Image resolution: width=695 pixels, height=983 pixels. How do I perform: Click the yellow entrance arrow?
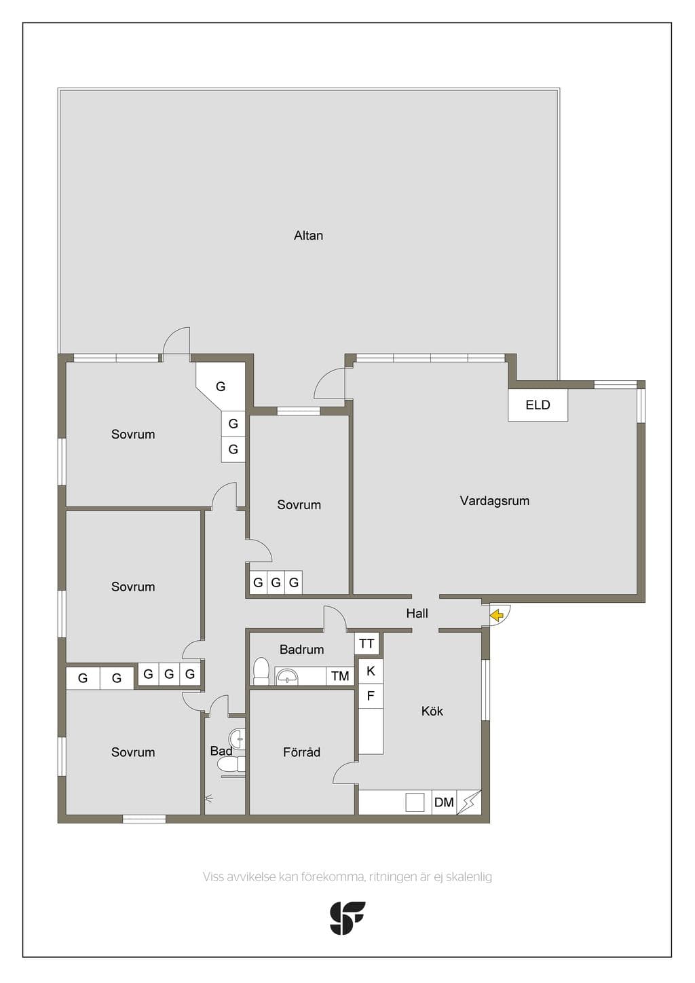tap(496, 616)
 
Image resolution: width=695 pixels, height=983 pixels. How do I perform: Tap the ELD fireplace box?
tap(538, 405)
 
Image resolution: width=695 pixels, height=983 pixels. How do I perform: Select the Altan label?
tap(308, 236)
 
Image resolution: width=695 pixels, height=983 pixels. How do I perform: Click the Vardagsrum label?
tap(495, 501)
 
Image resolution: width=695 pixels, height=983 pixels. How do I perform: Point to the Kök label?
tap(432, 711)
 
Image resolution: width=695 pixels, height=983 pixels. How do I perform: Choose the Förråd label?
tap(301, 752)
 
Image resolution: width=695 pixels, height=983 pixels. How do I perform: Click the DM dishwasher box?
tap(444, 802)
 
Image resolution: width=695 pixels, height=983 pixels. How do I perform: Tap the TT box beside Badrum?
tap(367, 644)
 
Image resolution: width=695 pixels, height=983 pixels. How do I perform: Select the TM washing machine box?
tap(340, 676)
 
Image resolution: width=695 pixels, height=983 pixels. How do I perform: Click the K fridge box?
tap(371, 671)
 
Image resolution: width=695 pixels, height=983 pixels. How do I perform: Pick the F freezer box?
tap(371, 696)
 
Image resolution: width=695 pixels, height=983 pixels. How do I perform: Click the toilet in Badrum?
tap(261, 671)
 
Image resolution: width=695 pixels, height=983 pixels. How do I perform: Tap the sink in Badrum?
tap(287, 676)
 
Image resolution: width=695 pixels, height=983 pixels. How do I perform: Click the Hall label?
tap(417, 614)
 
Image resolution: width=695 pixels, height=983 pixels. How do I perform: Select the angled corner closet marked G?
tap(221, 386)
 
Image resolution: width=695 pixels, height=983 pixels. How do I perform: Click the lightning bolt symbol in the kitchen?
tap(468, 802)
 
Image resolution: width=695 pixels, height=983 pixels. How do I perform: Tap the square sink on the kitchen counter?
tap(415, 802)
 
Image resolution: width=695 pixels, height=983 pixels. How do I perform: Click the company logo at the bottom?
tap(347, 919)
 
